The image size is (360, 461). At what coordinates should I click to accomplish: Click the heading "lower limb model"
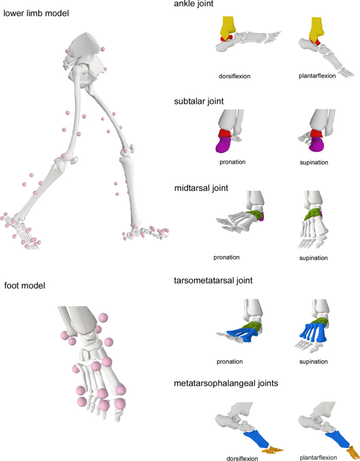(36, 13)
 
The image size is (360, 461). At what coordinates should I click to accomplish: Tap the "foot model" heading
(25, 285)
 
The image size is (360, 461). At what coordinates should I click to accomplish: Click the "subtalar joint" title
(198, 101)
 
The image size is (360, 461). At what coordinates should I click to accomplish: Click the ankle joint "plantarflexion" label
(317, 76)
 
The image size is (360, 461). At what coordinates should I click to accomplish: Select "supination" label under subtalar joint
(314, 162)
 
